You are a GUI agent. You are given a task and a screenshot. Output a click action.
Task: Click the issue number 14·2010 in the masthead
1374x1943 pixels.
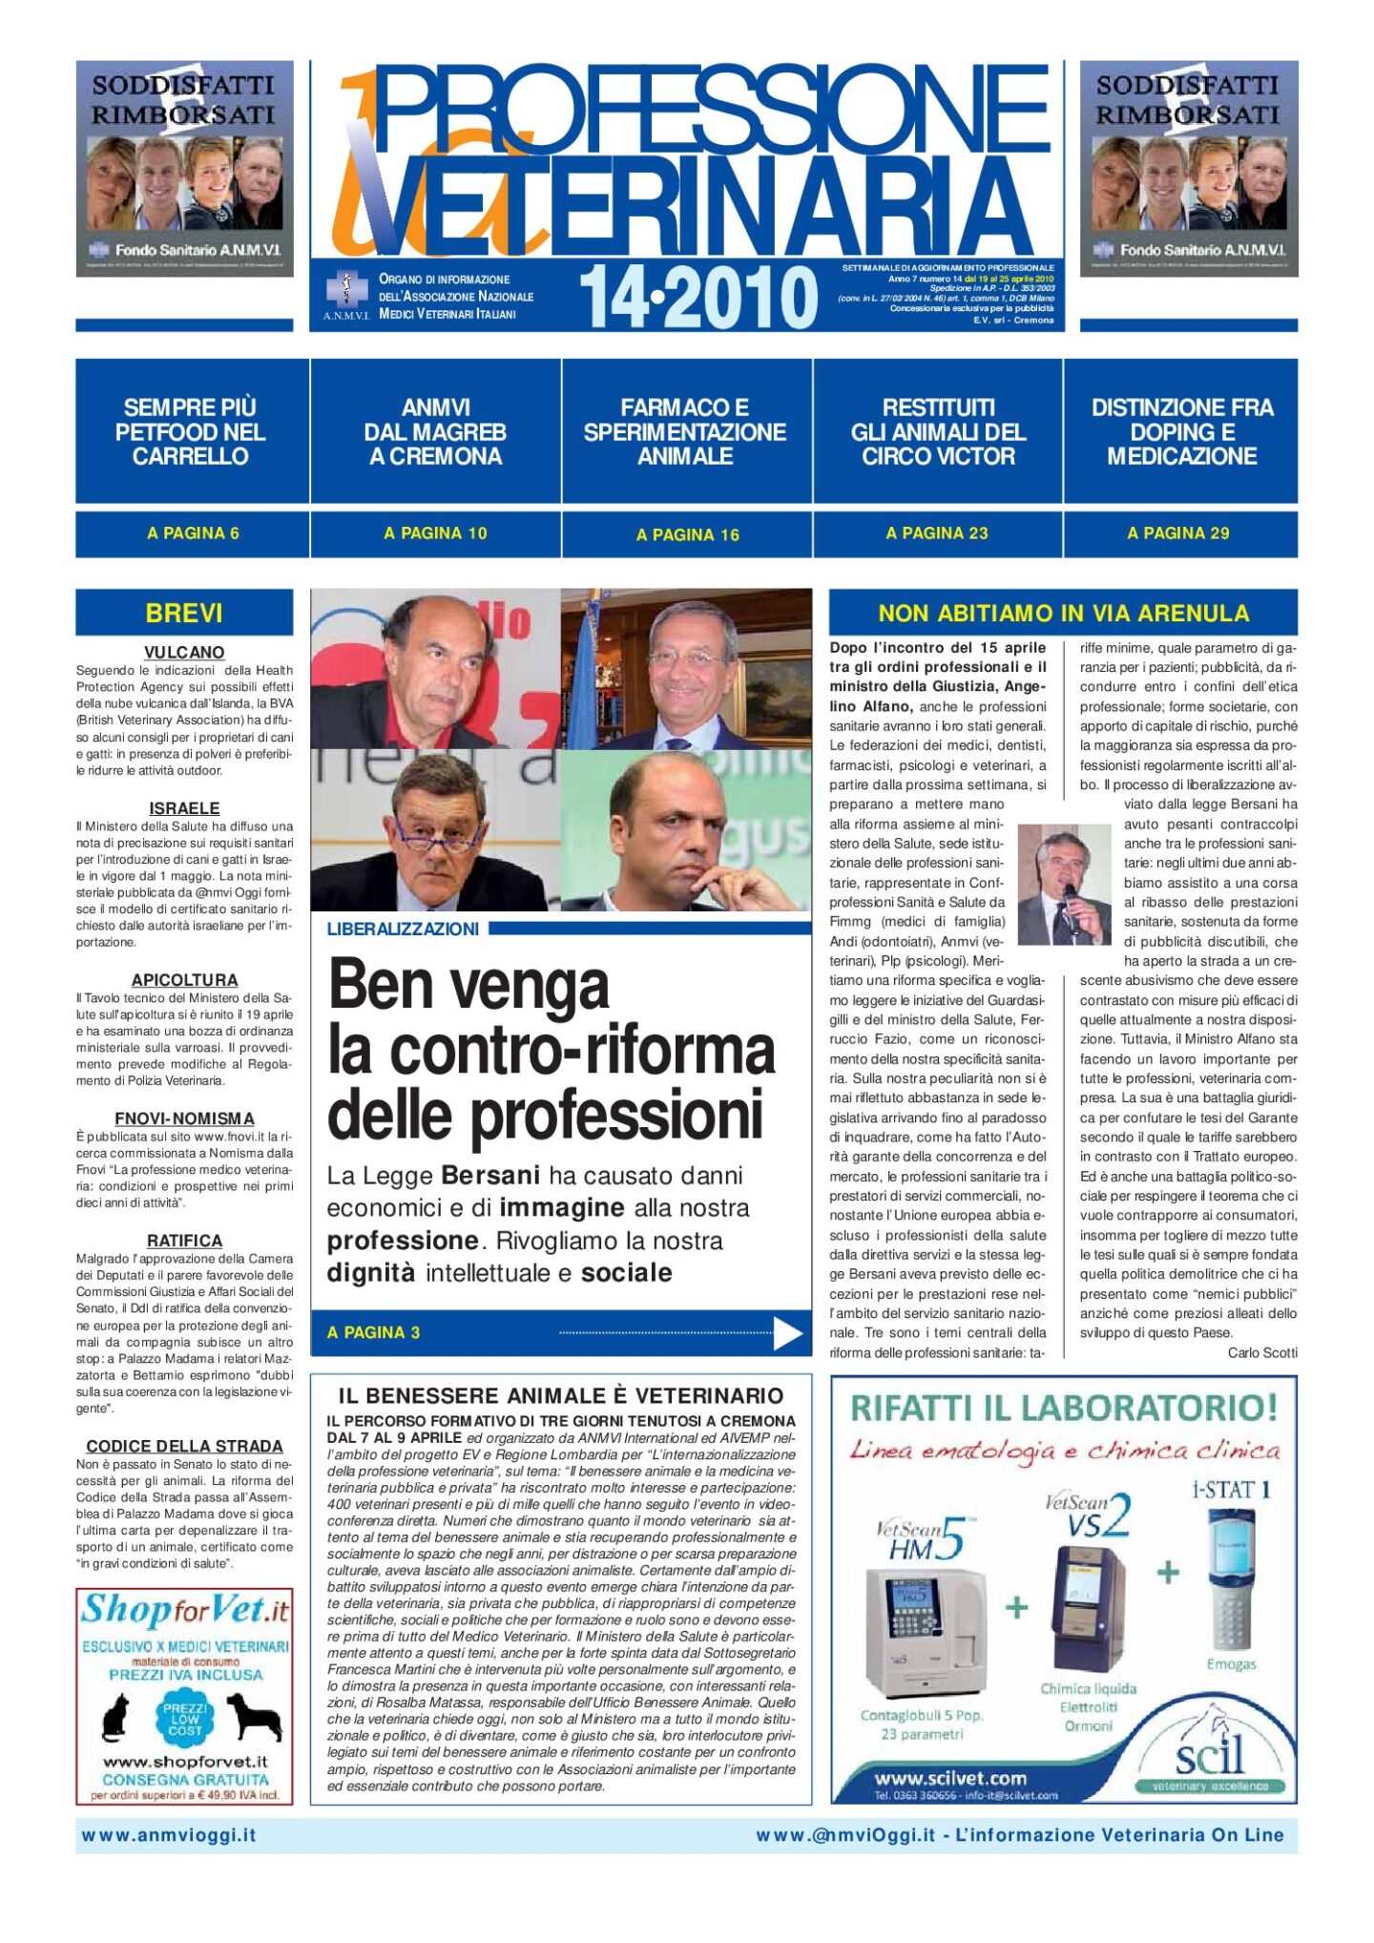click(x=698, y=298)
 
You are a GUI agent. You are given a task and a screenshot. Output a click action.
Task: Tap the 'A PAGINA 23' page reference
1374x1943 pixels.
click(x=936, y=533)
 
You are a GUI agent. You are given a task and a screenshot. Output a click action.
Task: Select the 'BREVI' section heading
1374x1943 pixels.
click(x=184, y=613)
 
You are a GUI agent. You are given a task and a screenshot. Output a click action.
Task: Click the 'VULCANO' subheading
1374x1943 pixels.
click(x=184, y=652)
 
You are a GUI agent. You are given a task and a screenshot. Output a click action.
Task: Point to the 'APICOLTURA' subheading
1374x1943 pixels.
click(x=184, y=979)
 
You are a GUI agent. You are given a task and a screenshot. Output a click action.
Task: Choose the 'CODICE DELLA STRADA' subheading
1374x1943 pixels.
click(x=184, y=1446)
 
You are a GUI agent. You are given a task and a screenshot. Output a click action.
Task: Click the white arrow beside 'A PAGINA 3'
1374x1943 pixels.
click(x=787, y=1333)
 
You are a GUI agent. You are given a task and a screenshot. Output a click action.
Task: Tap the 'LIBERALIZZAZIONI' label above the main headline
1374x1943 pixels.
click(x=403, y=929)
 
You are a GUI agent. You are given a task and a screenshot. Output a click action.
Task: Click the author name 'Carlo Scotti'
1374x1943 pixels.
click(x=1262, y=1352)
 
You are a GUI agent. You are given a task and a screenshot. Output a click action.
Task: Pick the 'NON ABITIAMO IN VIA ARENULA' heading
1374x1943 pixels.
click(x=1063, y=613)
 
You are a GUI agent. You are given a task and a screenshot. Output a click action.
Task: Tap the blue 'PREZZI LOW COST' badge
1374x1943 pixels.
click(x=185, y=1719)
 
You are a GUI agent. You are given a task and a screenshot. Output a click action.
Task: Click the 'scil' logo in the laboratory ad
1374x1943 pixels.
click(x=1209, y=1754)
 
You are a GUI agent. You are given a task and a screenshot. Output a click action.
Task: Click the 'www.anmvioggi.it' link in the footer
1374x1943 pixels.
click(x=169, y=1834)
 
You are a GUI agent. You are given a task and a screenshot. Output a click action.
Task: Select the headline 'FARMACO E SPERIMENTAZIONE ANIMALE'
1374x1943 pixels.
click(x=685, y=431)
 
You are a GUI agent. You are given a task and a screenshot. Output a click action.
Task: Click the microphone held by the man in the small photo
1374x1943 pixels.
click(x=1070, y=893)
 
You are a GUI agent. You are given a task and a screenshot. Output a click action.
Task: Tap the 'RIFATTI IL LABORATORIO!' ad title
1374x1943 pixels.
click(x=1063, y=1408)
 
